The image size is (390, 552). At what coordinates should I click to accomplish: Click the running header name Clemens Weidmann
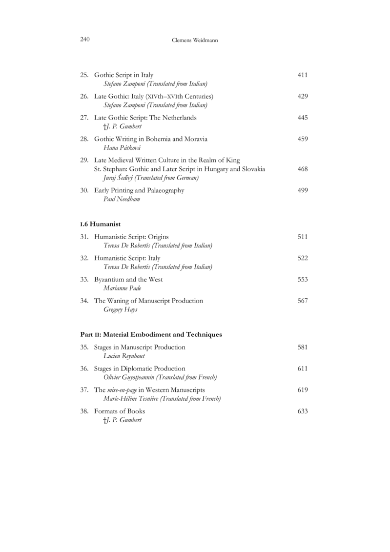pos(195,41)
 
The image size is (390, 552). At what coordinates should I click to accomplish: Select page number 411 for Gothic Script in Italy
pos(302,75)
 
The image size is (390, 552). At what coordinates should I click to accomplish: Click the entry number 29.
pos(84,160)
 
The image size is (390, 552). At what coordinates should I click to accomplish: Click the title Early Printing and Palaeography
pos(139,190)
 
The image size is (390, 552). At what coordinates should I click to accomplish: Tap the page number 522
pos(302,258)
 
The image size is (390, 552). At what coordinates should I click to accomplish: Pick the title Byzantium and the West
pos(128,279)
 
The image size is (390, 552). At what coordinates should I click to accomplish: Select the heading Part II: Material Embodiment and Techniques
pos(151,335)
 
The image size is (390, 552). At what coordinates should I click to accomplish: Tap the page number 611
pos(302,368)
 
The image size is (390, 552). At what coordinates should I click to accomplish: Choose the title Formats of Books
pos(119,411)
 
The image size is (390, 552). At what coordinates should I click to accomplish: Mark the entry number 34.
pos(84,301)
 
